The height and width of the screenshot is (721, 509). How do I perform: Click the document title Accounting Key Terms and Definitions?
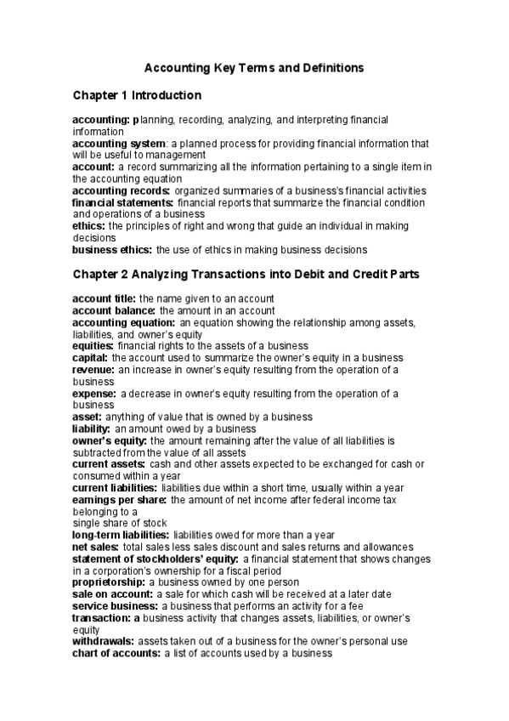click(255, 66)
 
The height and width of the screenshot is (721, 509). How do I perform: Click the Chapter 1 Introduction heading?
click(137, 94)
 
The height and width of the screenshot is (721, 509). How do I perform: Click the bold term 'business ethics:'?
click(113, 251)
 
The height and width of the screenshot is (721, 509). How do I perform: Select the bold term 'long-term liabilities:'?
click(120, 535)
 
